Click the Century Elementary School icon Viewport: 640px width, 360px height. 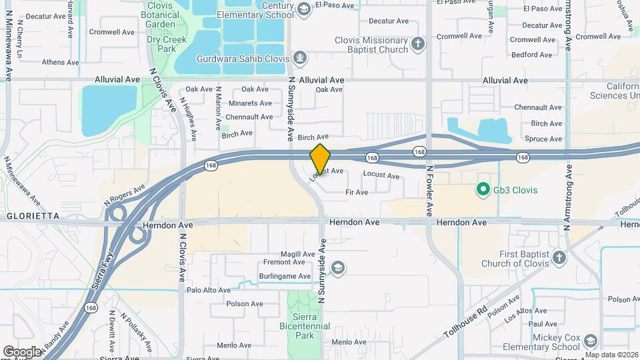pos(305,9)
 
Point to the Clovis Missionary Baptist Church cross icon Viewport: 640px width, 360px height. pos(418,44)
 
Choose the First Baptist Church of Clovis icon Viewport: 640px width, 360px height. pos(559,257)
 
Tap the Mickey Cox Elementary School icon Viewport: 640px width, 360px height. pos(590,341)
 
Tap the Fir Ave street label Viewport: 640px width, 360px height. pos(357,193)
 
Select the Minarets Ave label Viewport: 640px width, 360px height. pos(250,103)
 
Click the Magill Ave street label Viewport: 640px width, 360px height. pos(297,254)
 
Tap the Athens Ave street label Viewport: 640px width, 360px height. pos(60,63)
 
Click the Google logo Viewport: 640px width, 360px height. pos(22,351)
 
